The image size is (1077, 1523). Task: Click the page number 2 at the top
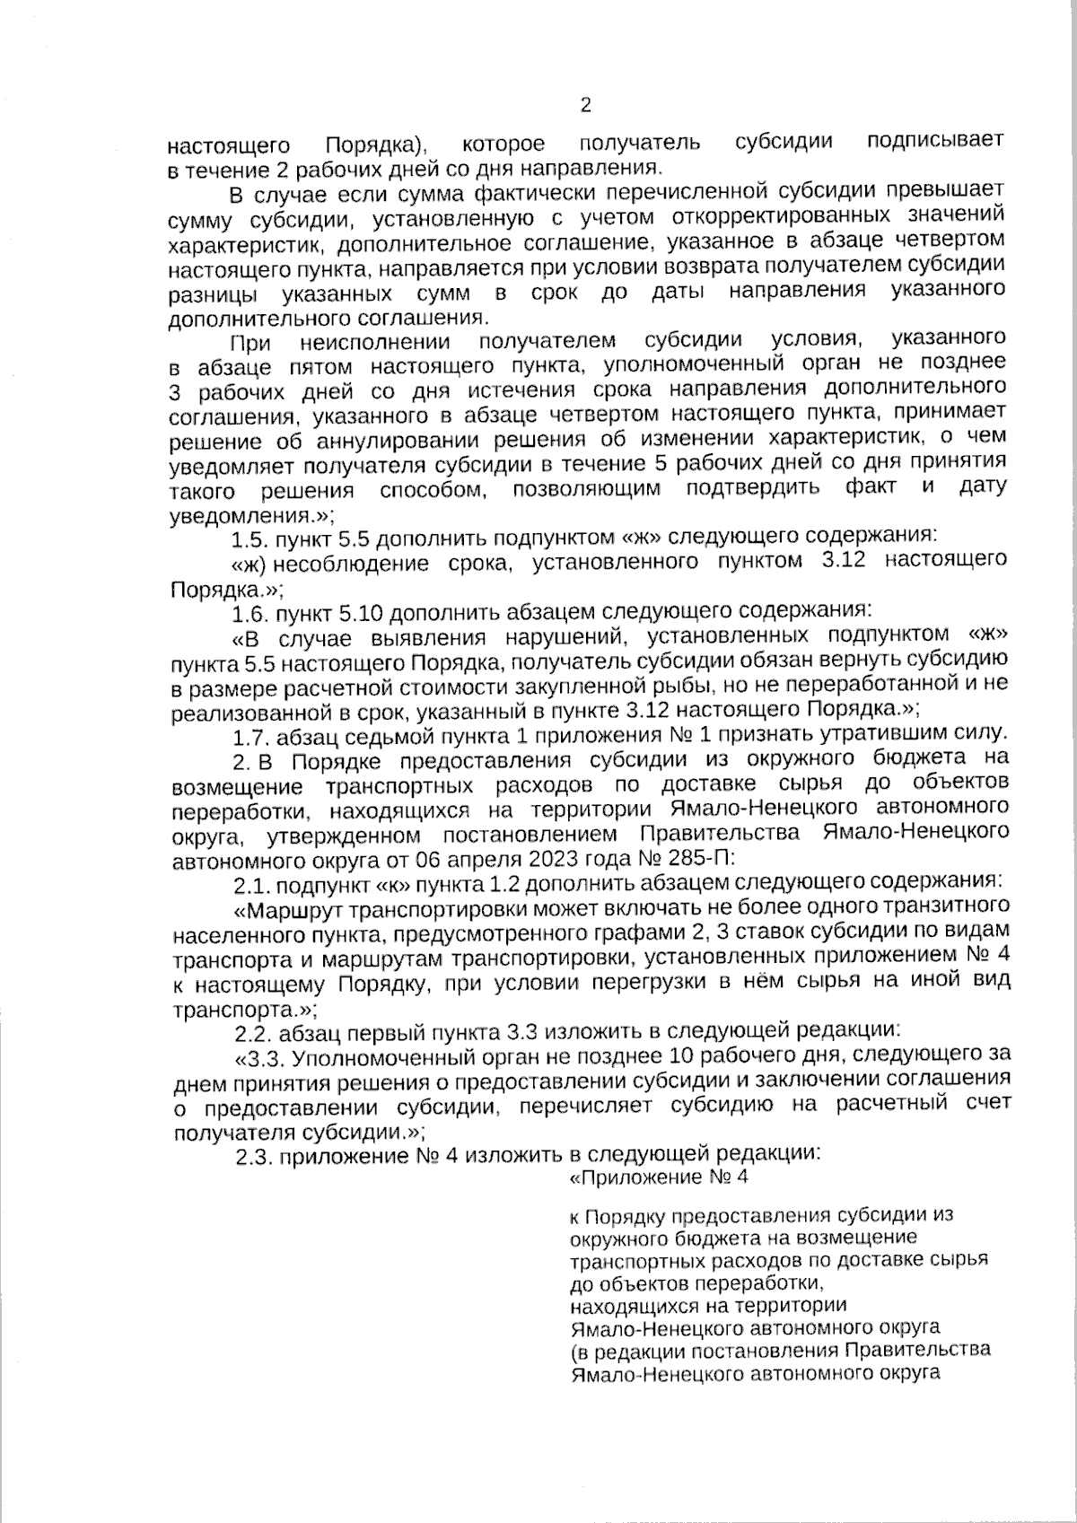tap(586, 106)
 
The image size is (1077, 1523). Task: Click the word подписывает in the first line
tap(938, 142)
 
